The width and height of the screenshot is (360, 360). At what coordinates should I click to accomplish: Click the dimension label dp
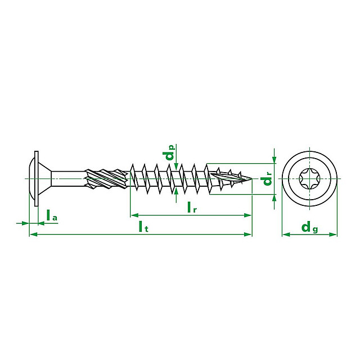(x=170, y=152)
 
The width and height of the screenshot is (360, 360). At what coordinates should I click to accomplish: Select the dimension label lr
(x=192, y=207)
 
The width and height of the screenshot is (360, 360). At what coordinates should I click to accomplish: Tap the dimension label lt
(x=143, y=226)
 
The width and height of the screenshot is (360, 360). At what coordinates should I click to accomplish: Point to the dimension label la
(x=52, y=215)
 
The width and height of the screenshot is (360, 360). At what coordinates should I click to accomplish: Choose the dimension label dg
(x=309, y=227)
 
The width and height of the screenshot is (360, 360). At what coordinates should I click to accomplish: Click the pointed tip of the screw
(x=251, y=178)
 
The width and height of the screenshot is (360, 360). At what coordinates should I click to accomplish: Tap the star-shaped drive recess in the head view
(x=309, y=179)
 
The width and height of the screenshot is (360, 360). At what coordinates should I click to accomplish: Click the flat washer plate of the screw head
(x=36, y=179)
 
